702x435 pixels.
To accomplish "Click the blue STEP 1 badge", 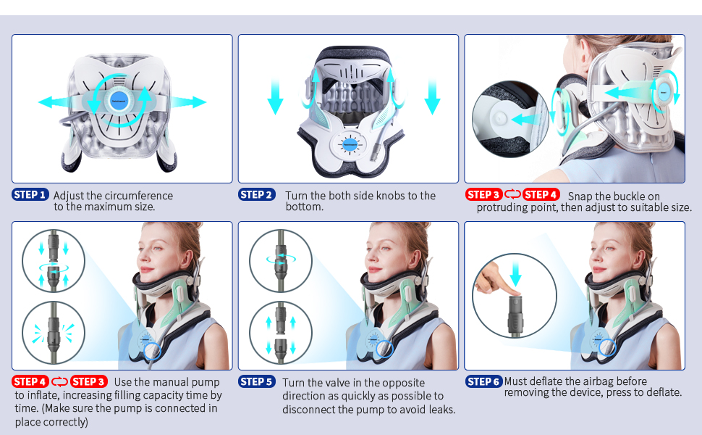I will click(x=30, y=194).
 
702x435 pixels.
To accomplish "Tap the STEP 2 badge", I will click(x=257, y=194).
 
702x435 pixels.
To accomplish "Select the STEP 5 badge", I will click(x=257, y=381).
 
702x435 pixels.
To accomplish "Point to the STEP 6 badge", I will click(x=483, y=381).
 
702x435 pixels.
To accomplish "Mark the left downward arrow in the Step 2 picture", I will click(x=276, y=98).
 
